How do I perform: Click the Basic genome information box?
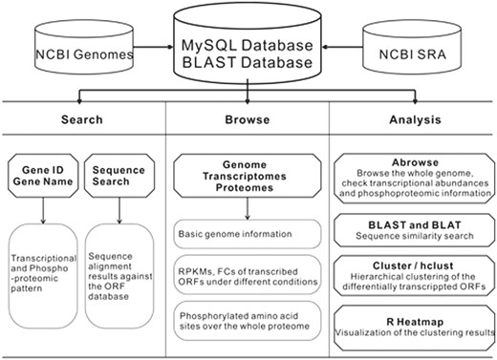coord(248,232)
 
